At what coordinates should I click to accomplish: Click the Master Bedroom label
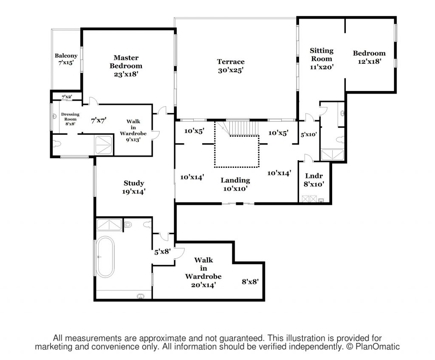pyautogui.click(x=126, y=65)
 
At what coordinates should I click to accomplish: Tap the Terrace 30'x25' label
pyautogui.click(x=231, y=66)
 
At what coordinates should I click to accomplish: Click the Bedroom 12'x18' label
pyautogui.click(x=369, y=57)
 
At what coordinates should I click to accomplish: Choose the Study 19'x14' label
pyautogui.click(x=134, y=187)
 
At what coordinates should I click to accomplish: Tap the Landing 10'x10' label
pyautogui.click(x=235, y=184)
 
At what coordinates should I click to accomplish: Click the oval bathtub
pyautogui.click(x=105, y=257)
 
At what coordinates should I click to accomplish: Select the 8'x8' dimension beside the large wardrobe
pyautogui.click(x=250, y=281)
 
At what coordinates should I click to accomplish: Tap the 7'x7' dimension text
pyautogui.click(x=99, y=120)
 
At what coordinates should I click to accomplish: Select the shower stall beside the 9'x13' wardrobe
pyautogui.click(x=103, y=145)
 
